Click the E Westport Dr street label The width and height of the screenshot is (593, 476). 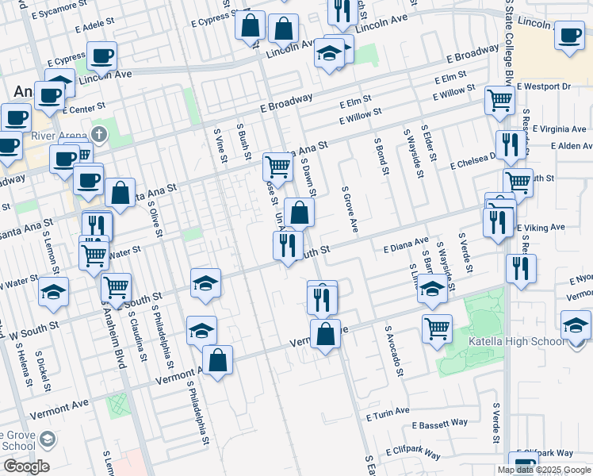pos(543,86)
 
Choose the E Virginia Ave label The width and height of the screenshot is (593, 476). pos(559,129)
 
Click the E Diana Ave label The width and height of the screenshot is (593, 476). pos(405,243)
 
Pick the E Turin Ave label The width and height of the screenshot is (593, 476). pos(388,414)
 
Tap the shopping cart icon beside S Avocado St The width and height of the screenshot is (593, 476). pos(438,327)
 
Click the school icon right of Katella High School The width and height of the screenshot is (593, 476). pos(576,324)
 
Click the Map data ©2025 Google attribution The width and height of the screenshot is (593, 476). pos(544,470)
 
